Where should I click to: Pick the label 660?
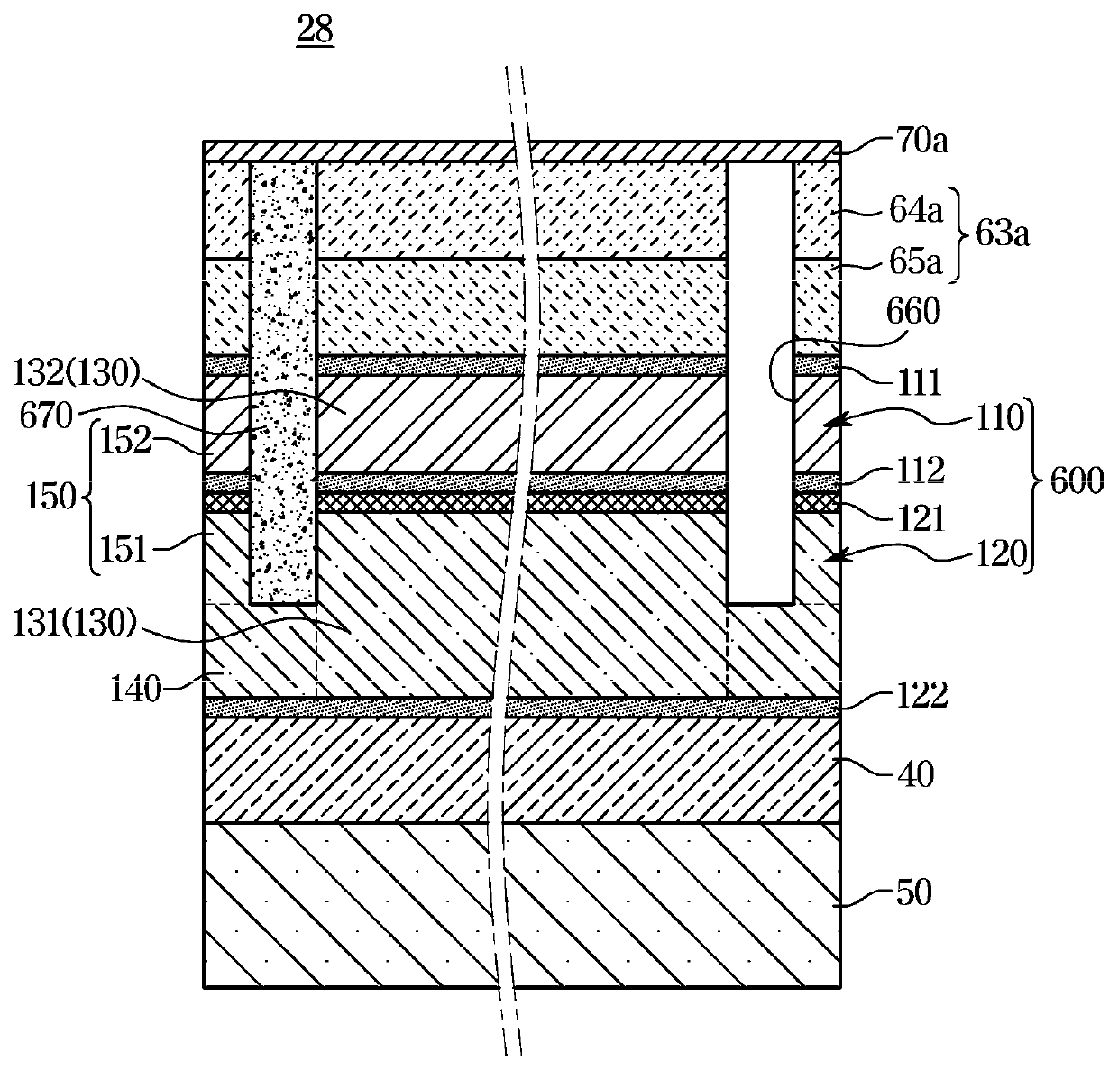[913, 314]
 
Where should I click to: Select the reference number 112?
[918, 470]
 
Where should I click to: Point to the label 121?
[917, 517]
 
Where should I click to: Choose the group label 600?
[1077, 481]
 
